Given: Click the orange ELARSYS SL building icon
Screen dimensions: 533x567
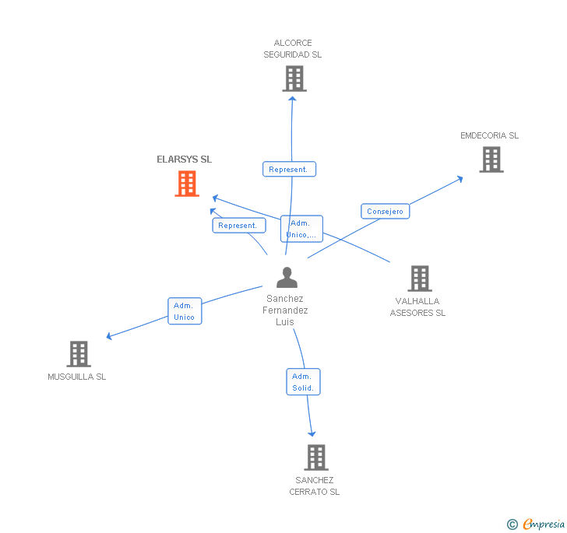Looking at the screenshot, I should tap(187, 184).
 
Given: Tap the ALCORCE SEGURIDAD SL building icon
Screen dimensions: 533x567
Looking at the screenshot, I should tap(294, 79).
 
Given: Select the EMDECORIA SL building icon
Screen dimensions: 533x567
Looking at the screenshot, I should tap(491, 160).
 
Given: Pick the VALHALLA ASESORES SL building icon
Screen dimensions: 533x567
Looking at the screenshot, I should tap(419, 279).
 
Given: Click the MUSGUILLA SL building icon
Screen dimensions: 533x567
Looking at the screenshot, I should tap(79, 354).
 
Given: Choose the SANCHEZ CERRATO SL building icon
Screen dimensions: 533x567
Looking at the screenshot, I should tap(315, 458).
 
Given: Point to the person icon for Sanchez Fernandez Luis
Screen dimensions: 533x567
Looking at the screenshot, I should tap(287, 278).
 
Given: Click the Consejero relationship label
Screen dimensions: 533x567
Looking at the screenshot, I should tap(385, 212).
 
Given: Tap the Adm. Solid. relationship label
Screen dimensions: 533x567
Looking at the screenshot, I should tap(303, 382).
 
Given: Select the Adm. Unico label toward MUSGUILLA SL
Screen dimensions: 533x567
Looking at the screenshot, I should tap(185, 311).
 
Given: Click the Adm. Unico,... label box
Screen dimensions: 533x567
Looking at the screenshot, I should tap(301, 229).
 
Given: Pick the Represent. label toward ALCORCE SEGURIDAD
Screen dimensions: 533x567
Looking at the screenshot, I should tap(289, 169).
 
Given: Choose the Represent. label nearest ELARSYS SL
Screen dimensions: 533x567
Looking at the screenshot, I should tap(238, 226).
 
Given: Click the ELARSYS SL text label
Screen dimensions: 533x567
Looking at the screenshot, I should tap(184, 160).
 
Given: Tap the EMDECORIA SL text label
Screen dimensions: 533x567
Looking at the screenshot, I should tap(489, 135).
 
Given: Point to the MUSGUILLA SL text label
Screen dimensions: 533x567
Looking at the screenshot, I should tap(76, 377).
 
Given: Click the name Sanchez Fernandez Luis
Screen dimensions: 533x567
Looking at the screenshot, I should tap(286, 310).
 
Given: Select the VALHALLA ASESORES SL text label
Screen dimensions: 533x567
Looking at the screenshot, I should tap(417, 307).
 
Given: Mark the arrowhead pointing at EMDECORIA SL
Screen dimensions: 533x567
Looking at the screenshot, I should tap(460, 179).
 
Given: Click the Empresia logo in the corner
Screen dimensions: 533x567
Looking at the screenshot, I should tap(537, 524).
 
